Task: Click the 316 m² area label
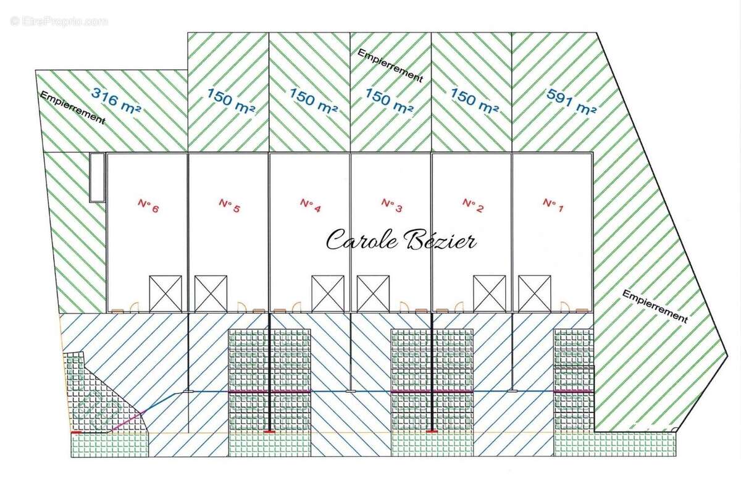[117, 100]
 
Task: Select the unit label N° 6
[148, 205]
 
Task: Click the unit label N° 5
[228, 205]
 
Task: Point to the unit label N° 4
[310, 205]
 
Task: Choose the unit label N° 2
[472, 205]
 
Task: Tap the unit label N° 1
[553, 205]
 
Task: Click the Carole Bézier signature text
[401, 240]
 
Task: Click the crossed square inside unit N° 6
[165, 293]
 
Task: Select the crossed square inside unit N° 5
[211, 293]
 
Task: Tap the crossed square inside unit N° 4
[328, 293]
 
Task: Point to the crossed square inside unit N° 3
[373, 293]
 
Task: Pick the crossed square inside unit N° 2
[490, 293]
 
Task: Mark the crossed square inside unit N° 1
[535, 293]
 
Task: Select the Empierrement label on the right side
[655, 306]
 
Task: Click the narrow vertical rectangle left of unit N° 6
[96, 177]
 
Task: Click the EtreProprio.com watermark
[59, 21]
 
